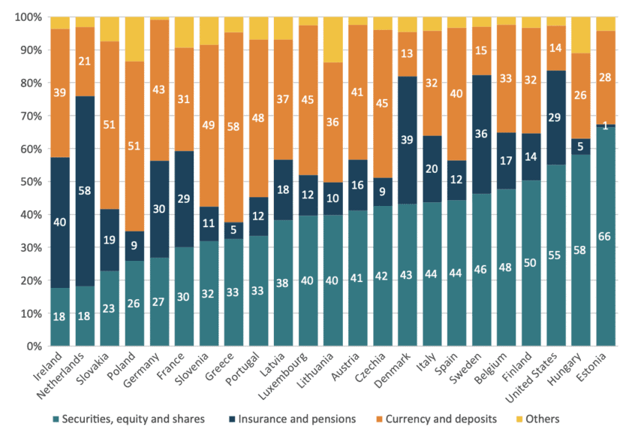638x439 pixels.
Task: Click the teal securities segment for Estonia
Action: pos(605,236)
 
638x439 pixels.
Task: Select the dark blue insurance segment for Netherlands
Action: pos(85,191)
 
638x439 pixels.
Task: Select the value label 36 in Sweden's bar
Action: pos(481,134)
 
